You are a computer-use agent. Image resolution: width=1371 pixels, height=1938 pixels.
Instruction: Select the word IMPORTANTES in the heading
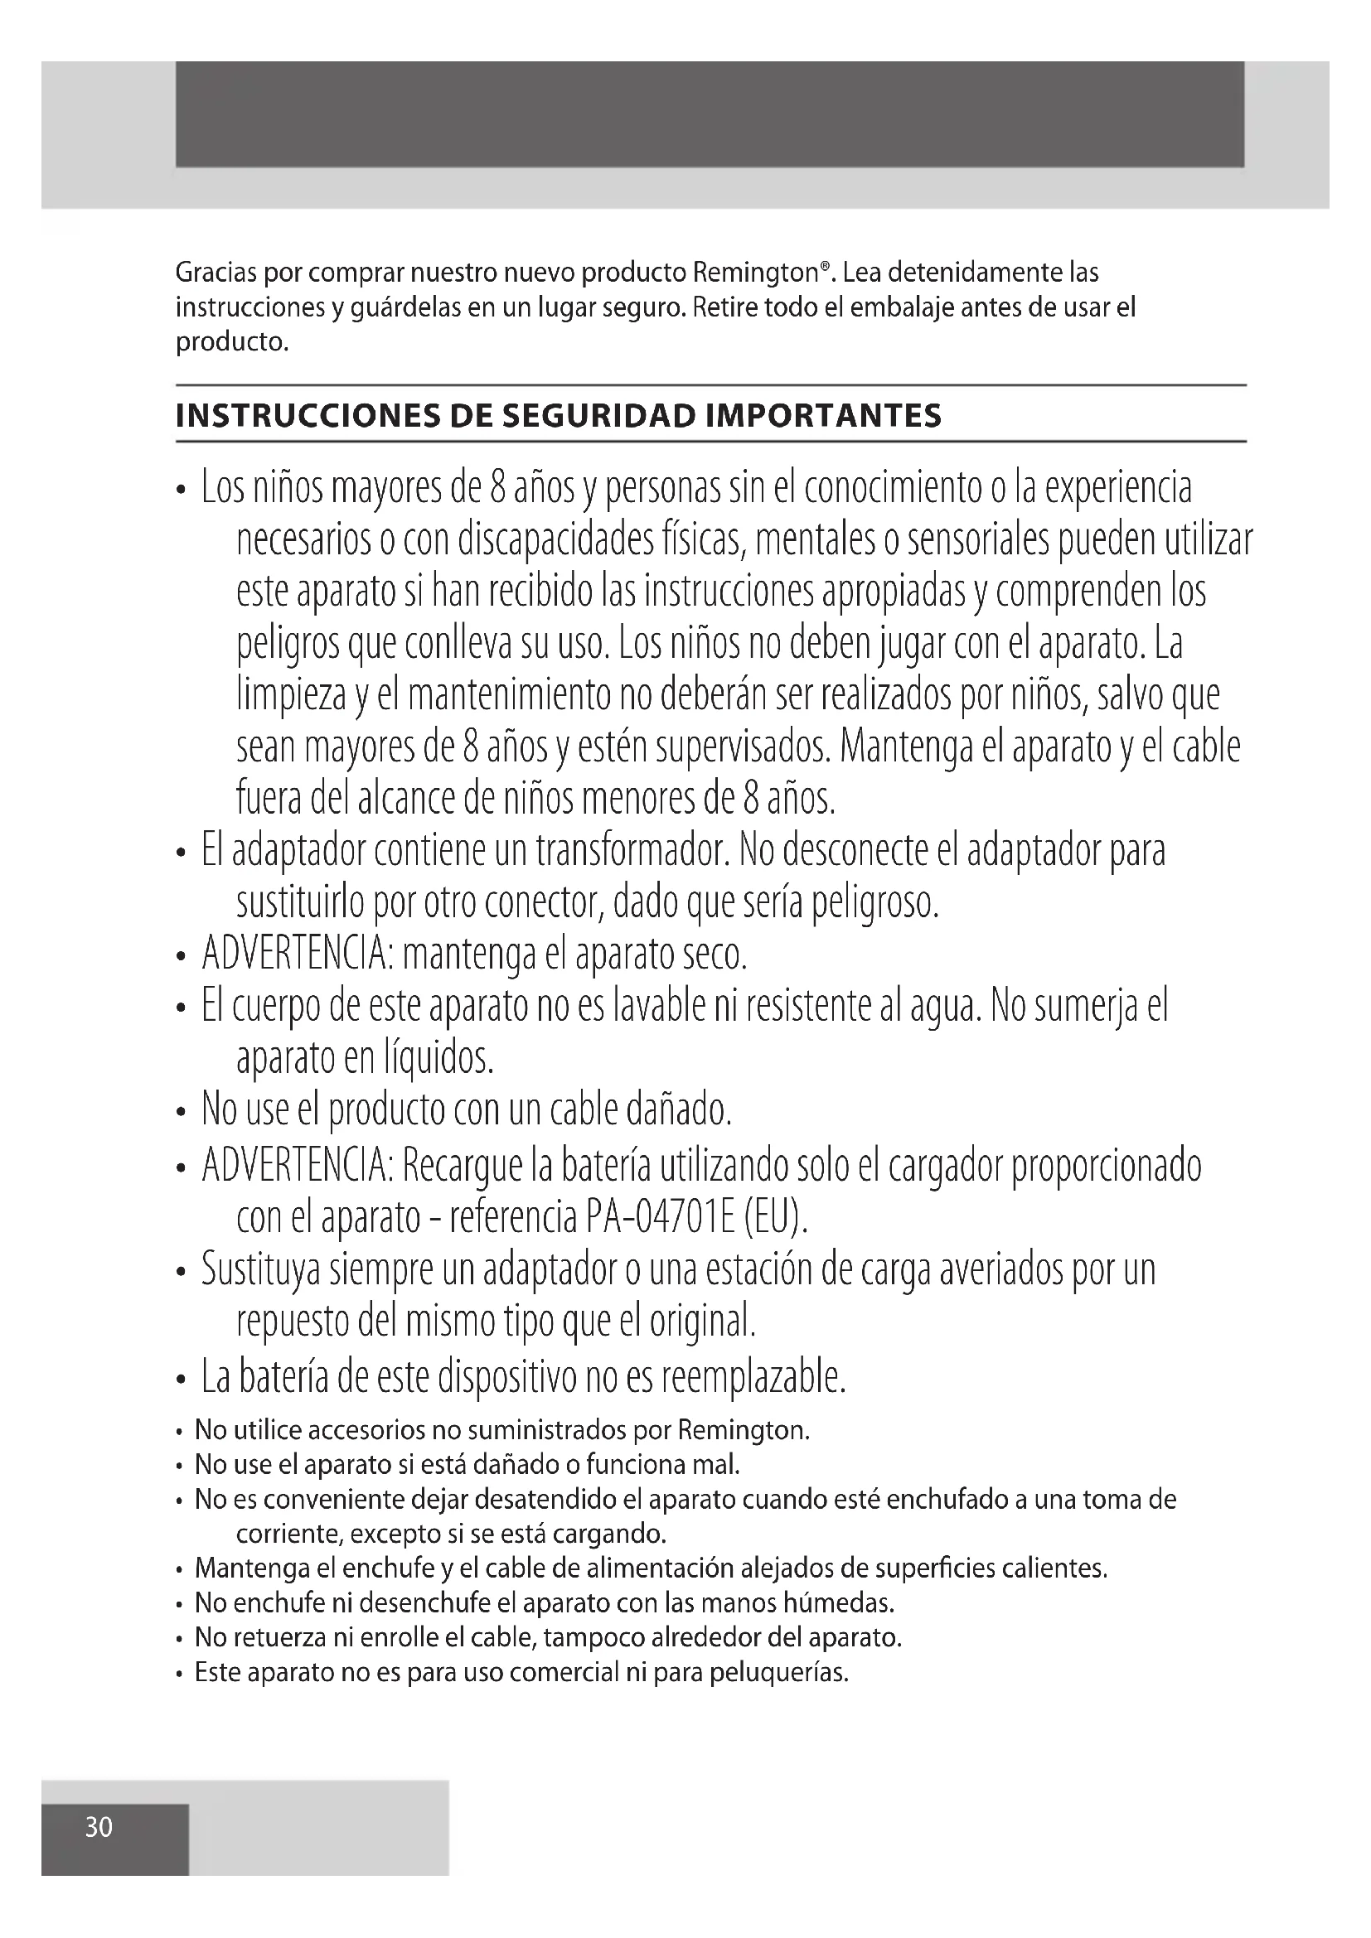[x=823, y=416]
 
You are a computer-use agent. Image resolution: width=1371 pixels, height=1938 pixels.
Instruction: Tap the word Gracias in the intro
[x=216, y=273]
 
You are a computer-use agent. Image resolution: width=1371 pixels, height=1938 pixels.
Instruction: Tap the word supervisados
[x=743, y=748]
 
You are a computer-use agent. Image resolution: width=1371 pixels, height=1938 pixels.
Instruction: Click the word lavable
[x=650, y=1007]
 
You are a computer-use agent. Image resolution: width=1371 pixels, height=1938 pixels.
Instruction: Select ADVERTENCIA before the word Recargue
[x=298, y=1166]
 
